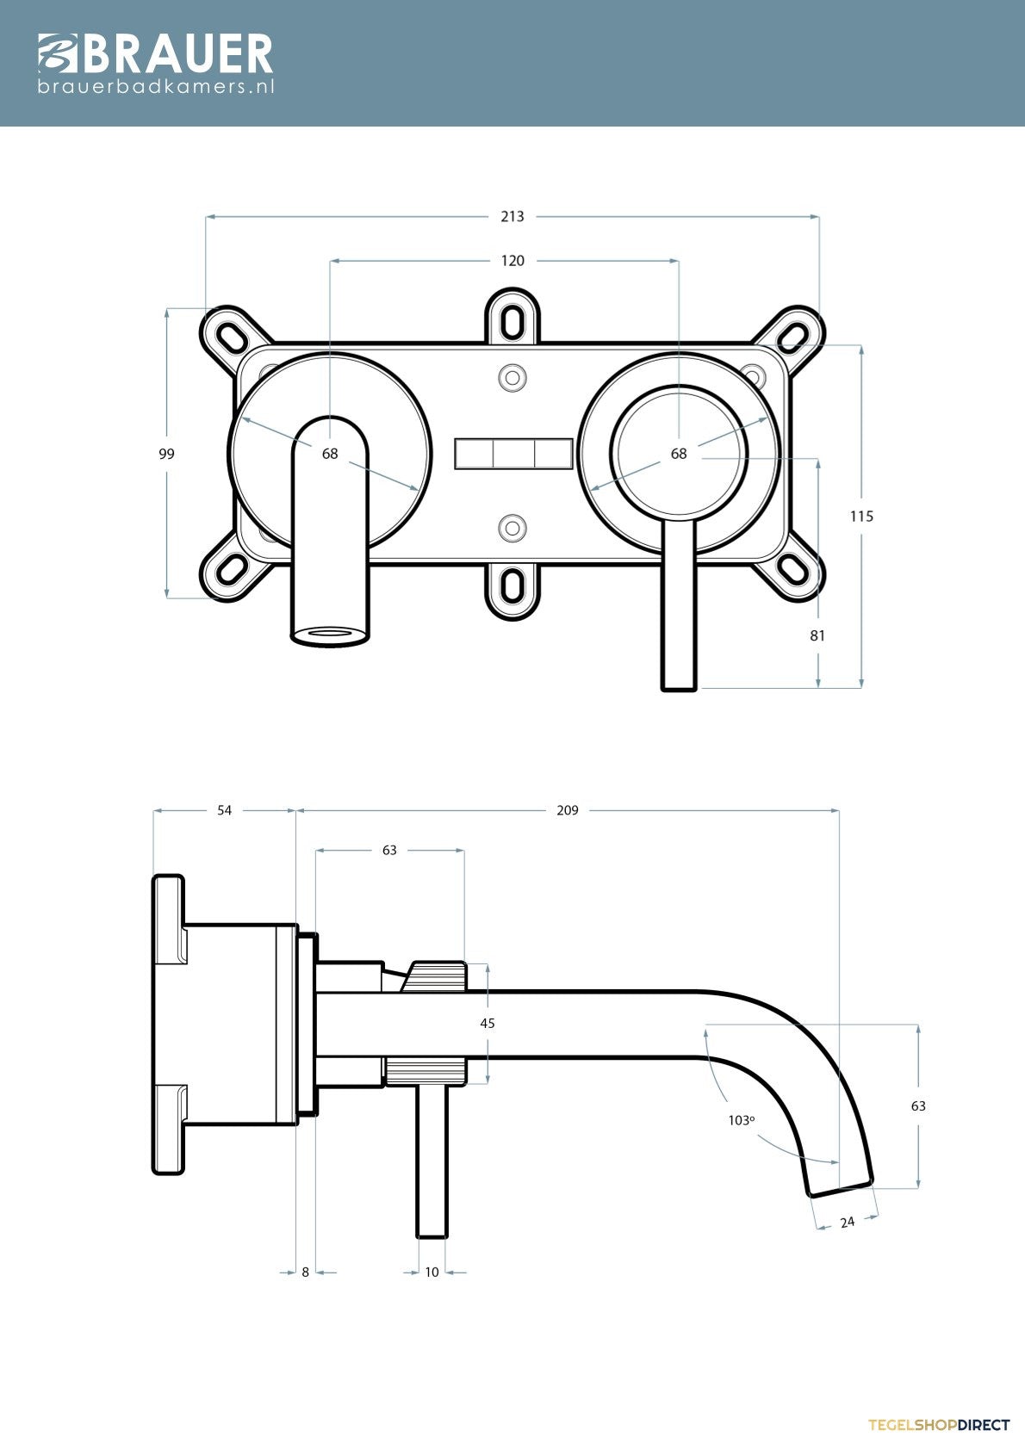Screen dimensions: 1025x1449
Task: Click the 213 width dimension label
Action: [512, 216]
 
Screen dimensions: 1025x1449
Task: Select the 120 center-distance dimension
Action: [512, 261]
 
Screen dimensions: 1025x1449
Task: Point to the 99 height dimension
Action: [166, 454]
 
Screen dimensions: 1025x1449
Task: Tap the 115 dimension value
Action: [861, 517]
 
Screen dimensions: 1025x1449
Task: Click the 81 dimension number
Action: [817, 635]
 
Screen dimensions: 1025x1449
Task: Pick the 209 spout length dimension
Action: [568, 810]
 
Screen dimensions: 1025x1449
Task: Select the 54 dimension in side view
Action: [224, 810]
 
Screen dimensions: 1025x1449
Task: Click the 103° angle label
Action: [742, 1120]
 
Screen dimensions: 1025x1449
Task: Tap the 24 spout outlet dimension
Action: [847, 1222]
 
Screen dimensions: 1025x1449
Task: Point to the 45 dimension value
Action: [488, 1023]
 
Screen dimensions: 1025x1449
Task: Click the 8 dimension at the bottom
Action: [306, 1272]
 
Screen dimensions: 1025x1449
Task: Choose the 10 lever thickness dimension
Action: [432, 1272]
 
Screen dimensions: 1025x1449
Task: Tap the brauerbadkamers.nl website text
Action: [156, 86]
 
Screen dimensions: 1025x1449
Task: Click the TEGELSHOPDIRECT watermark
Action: [939, 1425]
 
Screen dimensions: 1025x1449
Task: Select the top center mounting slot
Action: [512, 321]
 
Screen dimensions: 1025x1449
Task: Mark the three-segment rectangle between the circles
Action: [513, 454]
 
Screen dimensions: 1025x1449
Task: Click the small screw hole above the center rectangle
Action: [512, 377]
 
